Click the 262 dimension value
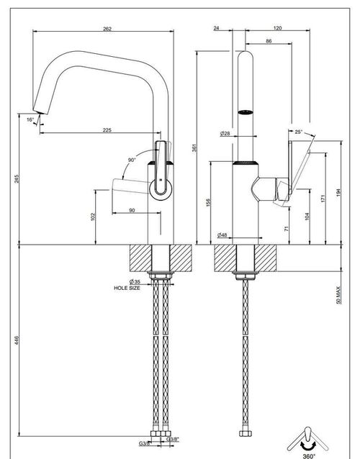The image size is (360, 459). point(107,29)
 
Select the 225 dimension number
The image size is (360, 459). point(107,130)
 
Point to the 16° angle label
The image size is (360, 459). point(30,119)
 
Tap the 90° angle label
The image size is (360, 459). point(132,160)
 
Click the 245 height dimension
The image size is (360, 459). point(17,178)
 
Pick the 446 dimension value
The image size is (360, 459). point(17,340)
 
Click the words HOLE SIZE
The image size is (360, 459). point(127,288)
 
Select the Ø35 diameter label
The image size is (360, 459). point(135,282)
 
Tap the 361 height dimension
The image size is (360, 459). point(194,147)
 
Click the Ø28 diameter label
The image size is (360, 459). point(225,134)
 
